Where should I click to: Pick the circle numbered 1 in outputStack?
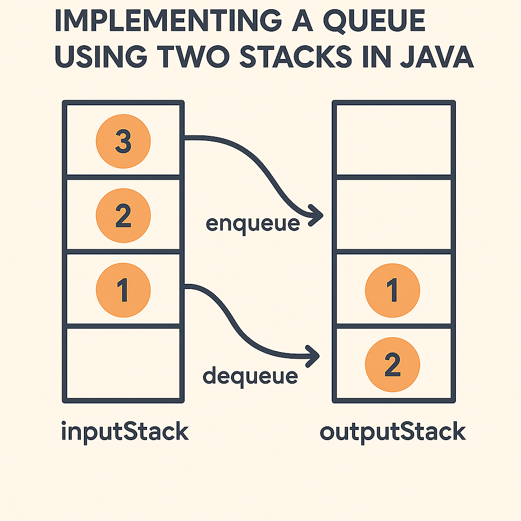pyautogui.click(x=393, y=291)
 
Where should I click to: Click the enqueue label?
pyautogui.click(x=252, y=223)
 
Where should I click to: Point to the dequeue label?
pyautogui.click(x=250, y=376)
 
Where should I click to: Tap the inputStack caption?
pyautogui.click(x=125, y=432)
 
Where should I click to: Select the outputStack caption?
pyautogui.click(x=393, y=432)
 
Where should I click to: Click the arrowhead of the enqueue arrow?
pyautogui.click(x=318, y=215)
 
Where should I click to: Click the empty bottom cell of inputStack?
pyautogui.click(x=123, y=363)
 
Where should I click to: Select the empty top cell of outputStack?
pyautogui.click(x=393, y=139)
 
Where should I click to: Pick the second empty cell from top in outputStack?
pyautogui.click(x=393, y=214)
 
